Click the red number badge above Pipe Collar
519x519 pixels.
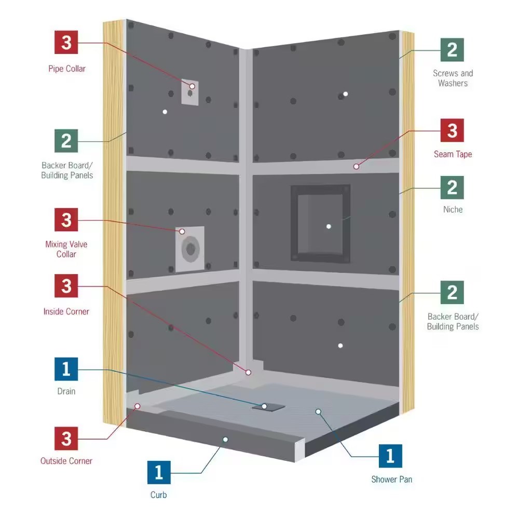[66, 42]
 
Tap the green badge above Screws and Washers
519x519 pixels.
[452, 50]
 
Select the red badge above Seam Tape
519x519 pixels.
[452, 130]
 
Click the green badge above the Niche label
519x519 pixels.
[452, 187]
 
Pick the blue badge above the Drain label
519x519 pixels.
[66, 369]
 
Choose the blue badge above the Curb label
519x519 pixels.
[159, 472]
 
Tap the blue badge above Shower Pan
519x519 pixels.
[391, 456]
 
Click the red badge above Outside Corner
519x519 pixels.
[66, 438]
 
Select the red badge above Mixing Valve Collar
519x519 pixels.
[66, 220]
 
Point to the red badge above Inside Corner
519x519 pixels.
[66, 285]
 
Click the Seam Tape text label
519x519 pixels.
[453, 154]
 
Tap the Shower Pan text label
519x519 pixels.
[391, 479]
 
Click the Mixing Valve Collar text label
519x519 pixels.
[66, 249]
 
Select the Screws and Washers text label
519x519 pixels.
[453, 78]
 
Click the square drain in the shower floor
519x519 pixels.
[268, 407]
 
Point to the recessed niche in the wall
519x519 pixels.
[320, 224]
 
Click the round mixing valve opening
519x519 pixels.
[190, 249]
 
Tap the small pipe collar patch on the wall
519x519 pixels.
[190, 93]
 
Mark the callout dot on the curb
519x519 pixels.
[225, 440]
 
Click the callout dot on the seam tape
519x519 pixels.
[356, 167]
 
